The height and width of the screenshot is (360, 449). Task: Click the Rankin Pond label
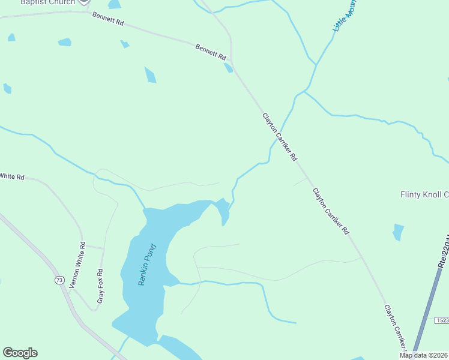pos(147,264)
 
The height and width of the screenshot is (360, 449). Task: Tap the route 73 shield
pos(59,280)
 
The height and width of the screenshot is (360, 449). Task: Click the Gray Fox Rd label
pos(101,285)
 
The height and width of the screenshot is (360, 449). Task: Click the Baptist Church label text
pos(48,2)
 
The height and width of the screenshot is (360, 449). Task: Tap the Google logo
pos(20,353)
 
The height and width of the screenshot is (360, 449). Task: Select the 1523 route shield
pos(442,321)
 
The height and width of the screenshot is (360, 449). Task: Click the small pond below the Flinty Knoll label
pos(398,232)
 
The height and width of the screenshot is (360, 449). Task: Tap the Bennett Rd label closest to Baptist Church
pos(108,19)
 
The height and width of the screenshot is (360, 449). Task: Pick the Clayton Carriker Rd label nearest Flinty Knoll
pos(331,211)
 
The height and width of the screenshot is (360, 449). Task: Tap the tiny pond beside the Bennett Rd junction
pos(228,68)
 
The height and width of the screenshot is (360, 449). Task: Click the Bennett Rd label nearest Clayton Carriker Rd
pos(211,52)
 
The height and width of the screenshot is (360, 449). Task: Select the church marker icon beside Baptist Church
pos(85,2)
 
